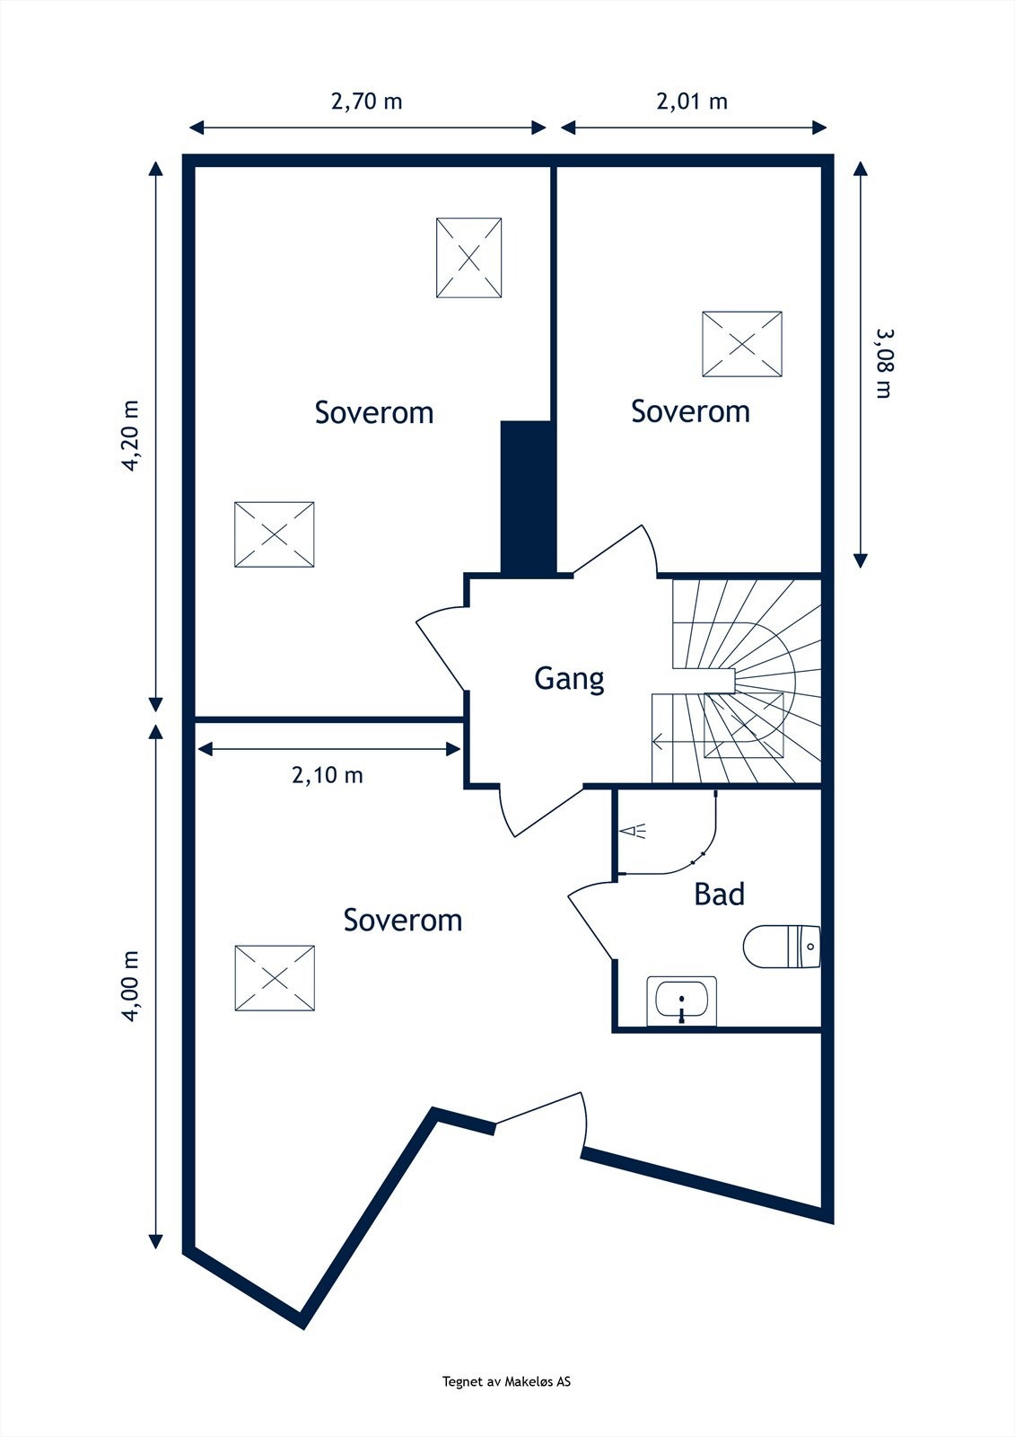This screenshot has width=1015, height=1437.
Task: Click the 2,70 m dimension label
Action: (366, 101)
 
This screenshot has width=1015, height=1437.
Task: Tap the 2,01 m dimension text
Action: (692, 101)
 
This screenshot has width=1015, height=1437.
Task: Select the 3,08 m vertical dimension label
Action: (885, 363)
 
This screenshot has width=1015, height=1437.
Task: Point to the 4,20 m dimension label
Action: (132, 435)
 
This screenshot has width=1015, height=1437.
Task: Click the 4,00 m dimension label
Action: (132, 985)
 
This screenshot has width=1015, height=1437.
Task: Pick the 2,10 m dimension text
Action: (328, 774)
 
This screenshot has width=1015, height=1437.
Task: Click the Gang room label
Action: (569, 678)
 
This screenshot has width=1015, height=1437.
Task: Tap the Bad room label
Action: (719, 895)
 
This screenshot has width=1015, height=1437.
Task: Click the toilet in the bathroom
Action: (782, 947)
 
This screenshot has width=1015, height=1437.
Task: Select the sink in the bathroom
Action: (682, 1001)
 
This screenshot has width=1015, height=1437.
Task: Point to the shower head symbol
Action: (635, 832)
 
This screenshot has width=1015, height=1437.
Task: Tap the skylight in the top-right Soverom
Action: (742, 344)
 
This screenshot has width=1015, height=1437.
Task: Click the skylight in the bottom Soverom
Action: (275, 978)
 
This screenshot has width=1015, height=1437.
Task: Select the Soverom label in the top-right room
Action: (690, 411)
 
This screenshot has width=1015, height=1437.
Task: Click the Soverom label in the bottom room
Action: (403, 920)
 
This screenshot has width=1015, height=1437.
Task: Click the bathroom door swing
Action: (588, 921)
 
